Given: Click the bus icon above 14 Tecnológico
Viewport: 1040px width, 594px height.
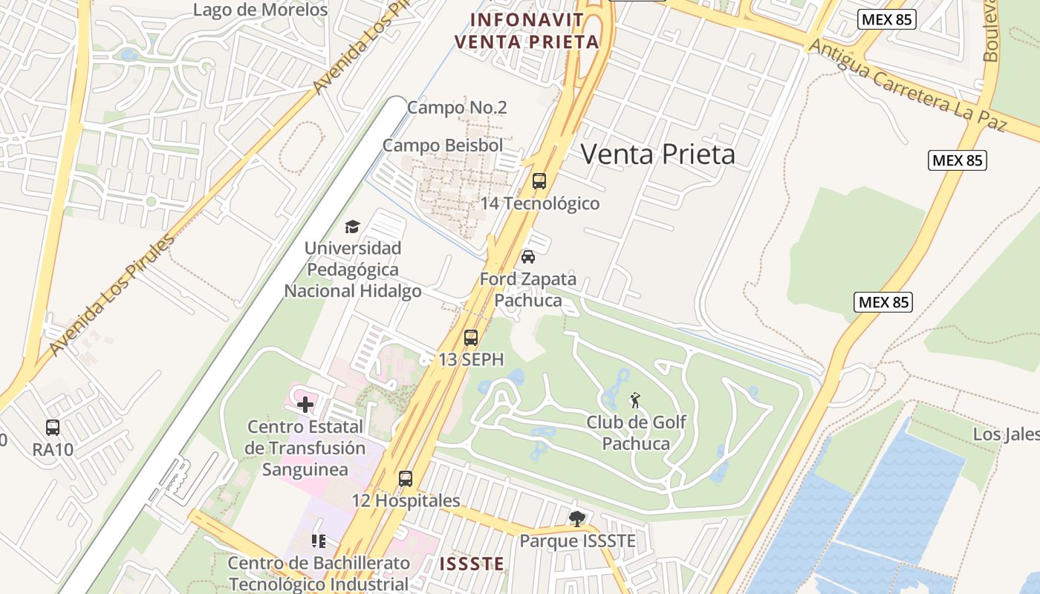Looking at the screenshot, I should coord(539,180).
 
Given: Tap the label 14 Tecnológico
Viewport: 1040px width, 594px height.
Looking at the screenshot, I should coord(539,203).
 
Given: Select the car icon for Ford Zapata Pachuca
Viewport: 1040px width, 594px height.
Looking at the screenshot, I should coord(528,257).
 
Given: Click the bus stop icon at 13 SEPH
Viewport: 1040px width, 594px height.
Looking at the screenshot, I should coord(470,338).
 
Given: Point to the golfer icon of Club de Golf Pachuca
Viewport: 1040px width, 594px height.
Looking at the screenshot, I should coord(634,401).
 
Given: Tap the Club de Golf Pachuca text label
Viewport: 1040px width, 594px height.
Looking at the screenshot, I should coord(636,433).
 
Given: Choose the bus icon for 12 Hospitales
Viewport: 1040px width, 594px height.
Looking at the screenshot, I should coord(405,479).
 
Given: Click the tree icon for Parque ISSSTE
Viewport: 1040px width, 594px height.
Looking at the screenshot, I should coord(576,519).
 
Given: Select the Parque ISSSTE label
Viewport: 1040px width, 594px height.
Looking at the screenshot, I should coord(577,541).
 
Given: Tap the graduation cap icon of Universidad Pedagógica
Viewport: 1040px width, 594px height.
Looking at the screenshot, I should coord(352,226).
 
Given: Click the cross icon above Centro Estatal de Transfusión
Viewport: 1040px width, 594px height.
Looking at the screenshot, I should coord(305,405).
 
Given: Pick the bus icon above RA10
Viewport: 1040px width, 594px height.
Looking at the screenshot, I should coord(52,428).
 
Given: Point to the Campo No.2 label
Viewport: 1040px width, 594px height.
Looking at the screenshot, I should coord(457,108).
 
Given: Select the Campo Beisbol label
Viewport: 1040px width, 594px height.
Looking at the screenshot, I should coord(443,146).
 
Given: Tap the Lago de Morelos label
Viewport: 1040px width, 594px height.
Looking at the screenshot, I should coord(260,10).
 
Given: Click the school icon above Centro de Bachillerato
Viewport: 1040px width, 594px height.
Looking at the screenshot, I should coord(319,541).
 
